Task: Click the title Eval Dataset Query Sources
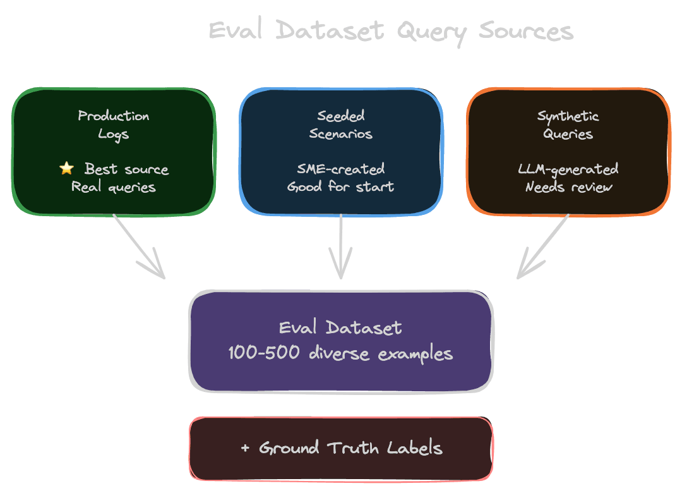click(x=391, y=31)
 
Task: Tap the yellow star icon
click(x=66, y=168)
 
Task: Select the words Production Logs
click(x=114, y=125)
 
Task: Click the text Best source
click(x=126, y=169)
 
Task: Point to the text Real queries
click(x=114, y=187)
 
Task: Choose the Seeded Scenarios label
click(x=341, y=125)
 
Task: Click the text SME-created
click(x=341, y=169)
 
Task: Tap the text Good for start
click(x=341, y=187)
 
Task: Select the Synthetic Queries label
click(x=568, y=125)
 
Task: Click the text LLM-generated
click(x=568, y=169)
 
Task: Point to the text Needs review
click(x=568, y=187)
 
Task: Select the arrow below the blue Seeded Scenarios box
click(x=341, y=246)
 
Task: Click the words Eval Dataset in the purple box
click(x=341, y=327)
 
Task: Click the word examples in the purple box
click(x=416, y=354)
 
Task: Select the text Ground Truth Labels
click(x=350, y=448)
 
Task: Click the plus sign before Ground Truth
click(x=246, y=449)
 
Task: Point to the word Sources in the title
click(x=525, y=31)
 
